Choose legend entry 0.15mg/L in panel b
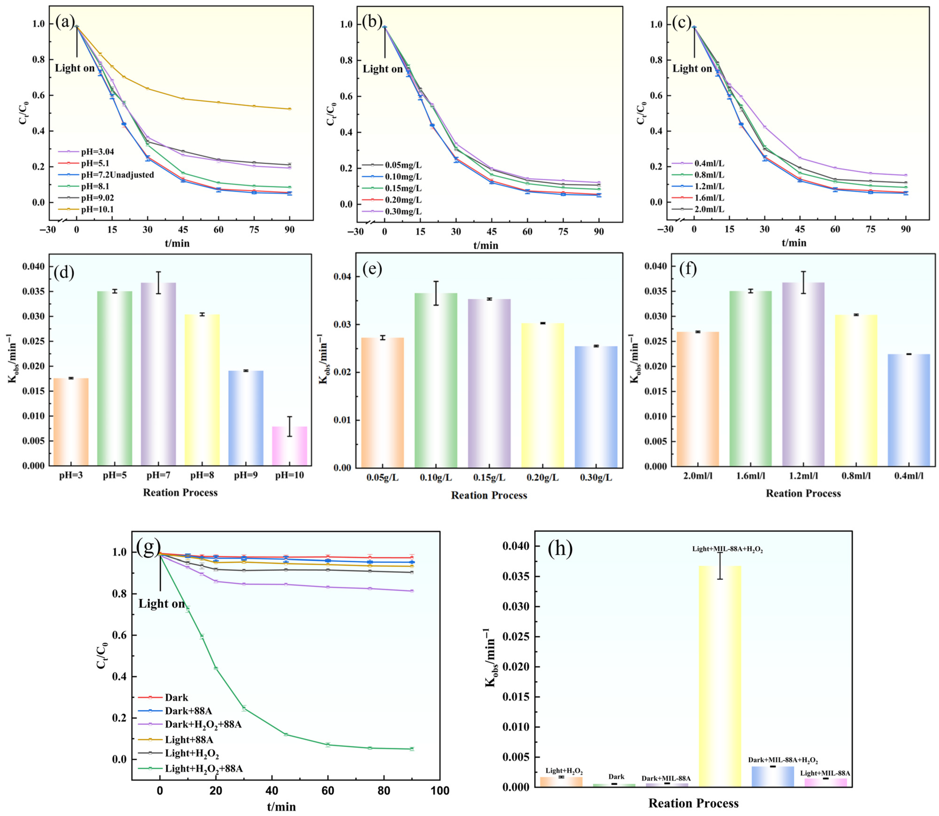[x=403, y=188]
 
